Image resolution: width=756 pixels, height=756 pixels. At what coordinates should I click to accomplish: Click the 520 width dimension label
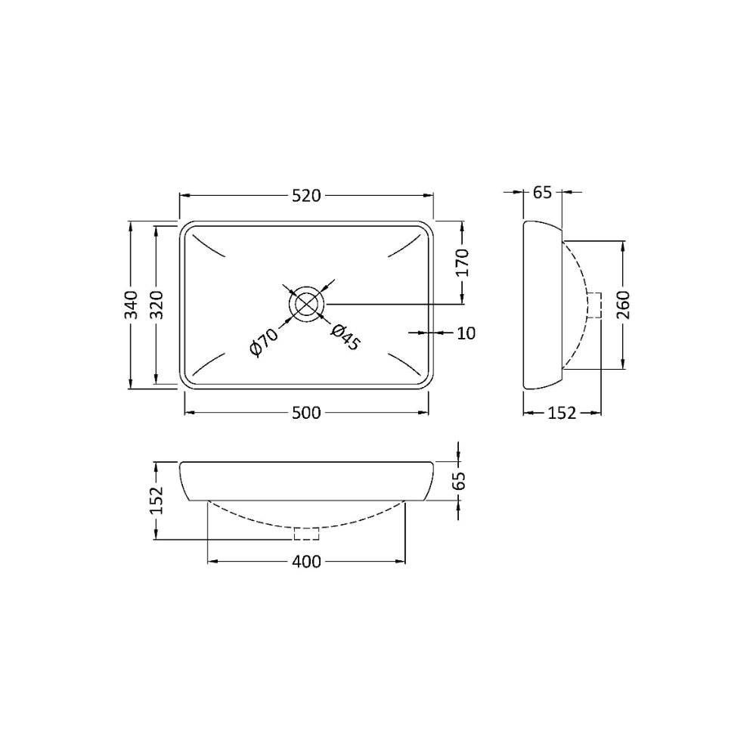pos(306,196)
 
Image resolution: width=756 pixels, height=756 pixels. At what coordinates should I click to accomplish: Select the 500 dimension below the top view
pos(306,413)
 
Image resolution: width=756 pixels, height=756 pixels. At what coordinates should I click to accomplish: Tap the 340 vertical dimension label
pos(131,304)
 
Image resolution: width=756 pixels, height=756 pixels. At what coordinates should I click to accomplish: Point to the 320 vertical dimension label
pos(157,304)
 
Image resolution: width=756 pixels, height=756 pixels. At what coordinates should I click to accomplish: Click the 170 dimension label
pos(462,263)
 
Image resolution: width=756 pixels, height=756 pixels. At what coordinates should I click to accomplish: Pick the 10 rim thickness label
pos(466,333)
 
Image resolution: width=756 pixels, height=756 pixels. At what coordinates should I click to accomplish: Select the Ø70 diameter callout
pos(264,342)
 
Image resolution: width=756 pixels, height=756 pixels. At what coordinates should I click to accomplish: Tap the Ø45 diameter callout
pos(345,337)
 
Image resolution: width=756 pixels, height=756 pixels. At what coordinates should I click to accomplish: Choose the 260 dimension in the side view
pos(624,305)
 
